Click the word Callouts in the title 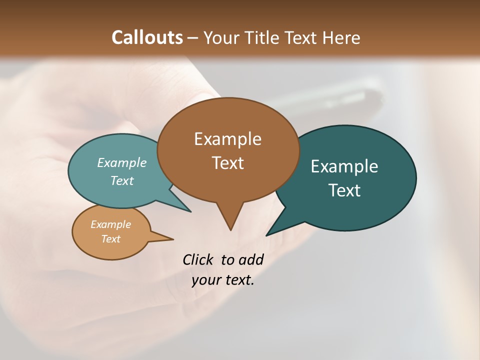click(x=147, y=38)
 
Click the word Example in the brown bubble click(x=227, y=139)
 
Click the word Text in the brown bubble click(x=227, y=163)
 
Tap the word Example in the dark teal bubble click(x=344, y=166)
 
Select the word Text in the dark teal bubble click(x=344, y=190)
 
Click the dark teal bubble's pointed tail click(x=270, y=232)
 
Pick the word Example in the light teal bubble click(x=122, y=163)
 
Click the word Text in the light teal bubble click(x=122, y=181)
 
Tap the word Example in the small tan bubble click(x=110, y=225)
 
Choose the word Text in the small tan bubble click(x=110, y=239)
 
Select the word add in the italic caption click(x=251, y=259)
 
